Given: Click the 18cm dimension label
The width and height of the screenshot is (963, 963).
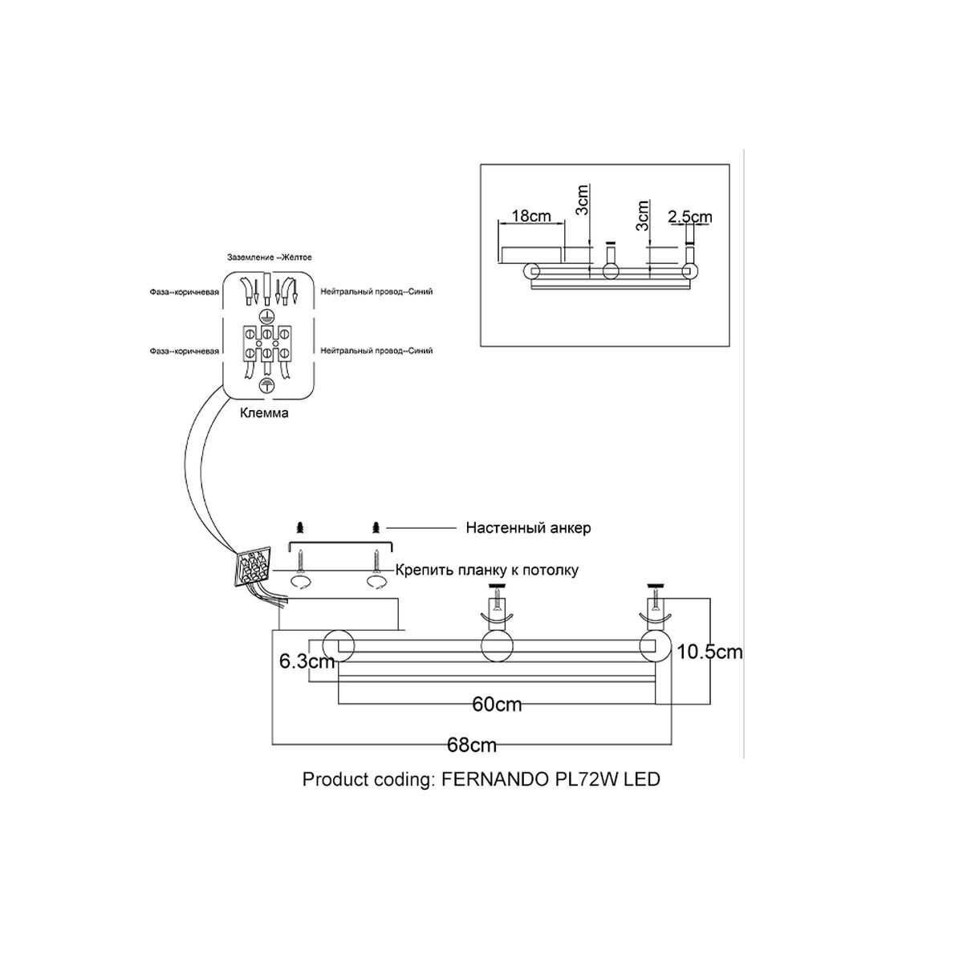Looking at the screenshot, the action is (x=532, y=217).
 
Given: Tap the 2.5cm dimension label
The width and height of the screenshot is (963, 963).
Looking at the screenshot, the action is (x=690, y=217).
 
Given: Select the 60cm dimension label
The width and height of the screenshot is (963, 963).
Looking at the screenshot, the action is (x=497, y=705).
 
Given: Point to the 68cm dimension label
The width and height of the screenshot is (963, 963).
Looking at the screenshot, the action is (x=472, y=745).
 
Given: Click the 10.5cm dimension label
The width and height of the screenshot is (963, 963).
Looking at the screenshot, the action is (x=709, y=652).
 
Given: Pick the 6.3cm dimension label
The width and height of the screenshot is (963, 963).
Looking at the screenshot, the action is (x=307, y=661).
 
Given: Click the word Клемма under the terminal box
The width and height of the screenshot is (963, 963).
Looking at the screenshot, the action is (x=264, y=413).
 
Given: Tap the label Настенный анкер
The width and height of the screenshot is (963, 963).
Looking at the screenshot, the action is (x=528, y=528).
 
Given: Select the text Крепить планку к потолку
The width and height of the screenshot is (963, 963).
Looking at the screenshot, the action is (x=487, y=571).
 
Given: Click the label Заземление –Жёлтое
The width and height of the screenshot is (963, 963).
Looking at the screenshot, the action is (x=270, y=258).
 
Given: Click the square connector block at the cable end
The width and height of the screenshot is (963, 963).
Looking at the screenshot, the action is (x=254, y=568).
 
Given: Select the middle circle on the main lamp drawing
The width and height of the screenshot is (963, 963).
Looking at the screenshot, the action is (x=497, y=646).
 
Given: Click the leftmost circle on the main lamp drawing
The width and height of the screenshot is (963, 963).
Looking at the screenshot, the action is (x=339, y=645).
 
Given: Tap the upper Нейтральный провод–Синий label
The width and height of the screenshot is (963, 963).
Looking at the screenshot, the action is (x=376, y=291).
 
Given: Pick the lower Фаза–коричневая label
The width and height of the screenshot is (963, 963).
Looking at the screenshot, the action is (x=184, y=351).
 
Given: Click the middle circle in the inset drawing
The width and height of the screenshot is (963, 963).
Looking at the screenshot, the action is (x=610, y=271).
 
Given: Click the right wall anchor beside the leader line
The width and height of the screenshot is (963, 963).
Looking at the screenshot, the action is (x=376, y=527).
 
